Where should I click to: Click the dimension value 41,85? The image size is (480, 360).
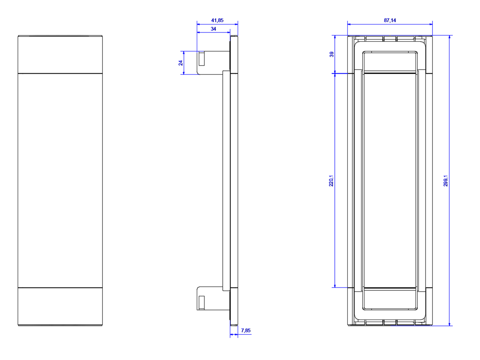(x=217, y=20)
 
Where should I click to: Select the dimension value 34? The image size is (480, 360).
(x=213, y=29)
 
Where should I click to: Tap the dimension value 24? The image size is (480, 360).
(x=180, y=63)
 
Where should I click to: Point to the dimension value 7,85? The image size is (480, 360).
(x=246, y=330)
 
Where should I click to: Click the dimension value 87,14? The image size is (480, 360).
(x=390, y=20)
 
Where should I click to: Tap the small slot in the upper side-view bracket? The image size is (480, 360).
(x=202, y=58)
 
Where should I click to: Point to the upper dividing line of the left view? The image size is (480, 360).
(x=60, y=73)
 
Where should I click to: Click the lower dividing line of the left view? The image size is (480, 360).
(x=60, y=288)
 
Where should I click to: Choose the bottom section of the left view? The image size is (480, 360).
(x=60, y=306)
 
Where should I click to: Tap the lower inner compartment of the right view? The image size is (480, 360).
(x=390, y=298)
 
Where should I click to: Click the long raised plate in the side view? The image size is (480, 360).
(x=226, y=180)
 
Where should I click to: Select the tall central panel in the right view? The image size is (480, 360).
(x=390, y=180)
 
